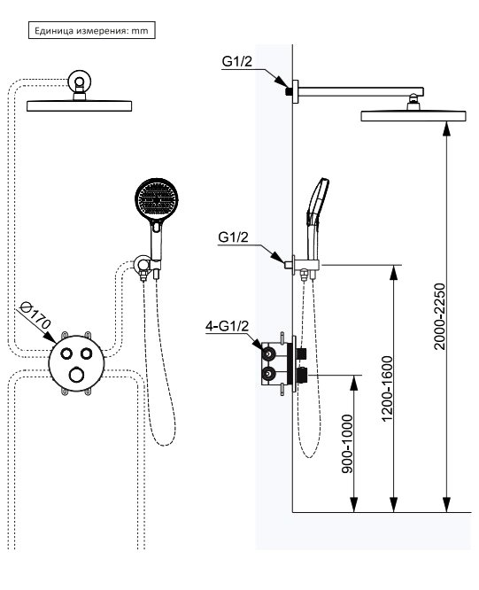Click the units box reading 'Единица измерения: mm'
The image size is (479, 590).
92,30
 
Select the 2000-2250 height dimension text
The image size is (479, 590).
439,317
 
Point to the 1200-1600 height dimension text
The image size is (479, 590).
387,388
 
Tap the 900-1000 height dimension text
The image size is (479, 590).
347,444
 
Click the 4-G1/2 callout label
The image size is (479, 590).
227,326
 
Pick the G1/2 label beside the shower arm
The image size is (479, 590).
237,61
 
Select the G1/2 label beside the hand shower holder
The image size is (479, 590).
233,237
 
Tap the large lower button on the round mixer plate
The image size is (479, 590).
77,375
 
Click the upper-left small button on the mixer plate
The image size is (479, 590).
67,353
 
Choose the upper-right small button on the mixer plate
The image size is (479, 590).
87,353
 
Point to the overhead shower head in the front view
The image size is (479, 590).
79,105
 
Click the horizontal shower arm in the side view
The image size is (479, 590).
361,91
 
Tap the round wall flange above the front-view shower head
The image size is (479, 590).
80,81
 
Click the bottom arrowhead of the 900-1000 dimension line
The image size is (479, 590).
353,504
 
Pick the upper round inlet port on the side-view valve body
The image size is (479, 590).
269,354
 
